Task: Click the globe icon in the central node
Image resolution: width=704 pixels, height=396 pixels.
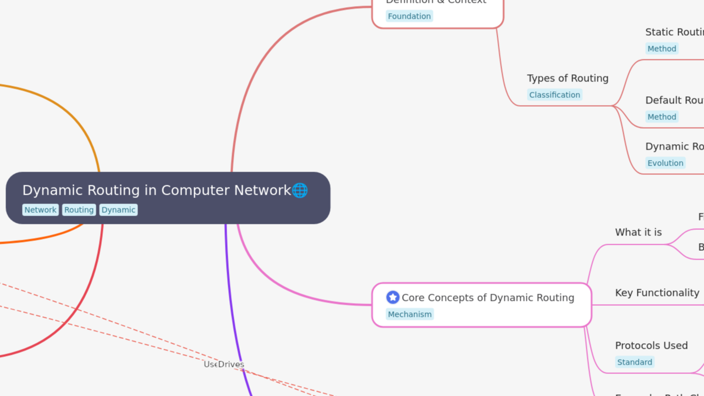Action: click(x=300, y=190)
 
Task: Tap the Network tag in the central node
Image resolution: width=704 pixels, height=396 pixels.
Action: click(x=40, y=210)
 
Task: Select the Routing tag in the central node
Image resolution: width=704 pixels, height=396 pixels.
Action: click(x=79, y=210)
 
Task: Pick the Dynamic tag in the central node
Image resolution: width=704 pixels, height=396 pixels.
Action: click(x=118, y=210)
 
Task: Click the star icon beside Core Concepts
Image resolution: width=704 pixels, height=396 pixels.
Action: click(x=393, y=298)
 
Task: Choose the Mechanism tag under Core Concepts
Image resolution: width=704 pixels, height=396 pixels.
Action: click(x=410, y=315)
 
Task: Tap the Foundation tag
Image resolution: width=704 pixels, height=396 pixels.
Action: click(x=409, y=16)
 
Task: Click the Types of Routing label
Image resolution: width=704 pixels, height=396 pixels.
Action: click(x=568, y=78)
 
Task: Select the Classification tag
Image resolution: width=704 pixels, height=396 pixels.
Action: click(x=554, y=95)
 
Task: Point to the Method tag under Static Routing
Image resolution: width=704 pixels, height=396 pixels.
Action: click(x=662, y=49)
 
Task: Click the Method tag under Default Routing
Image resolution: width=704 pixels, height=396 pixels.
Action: click(x=662, y=117)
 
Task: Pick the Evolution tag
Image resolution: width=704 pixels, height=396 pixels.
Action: click(x=665, y=163)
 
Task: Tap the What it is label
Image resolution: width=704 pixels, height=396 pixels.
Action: click(x=638, y=232)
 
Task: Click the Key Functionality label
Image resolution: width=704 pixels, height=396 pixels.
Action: click(x=657, y=293)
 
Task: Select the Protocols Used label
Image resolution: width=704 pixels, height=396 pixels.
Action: click(x=651, y=345)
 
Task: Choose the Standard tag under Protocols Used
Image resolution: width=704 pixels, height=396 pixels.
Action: click(x=635, y=362)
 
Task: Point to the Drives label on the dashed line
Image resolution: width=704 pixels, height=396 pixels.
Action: click(x=232, y=364)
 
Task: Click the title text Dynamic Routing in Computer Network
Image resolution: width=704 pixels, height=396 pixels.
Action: click(x=156, y=190)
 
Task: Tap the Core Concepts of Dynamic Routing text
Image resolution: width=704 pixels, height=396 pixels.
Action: click(x=488, y=298)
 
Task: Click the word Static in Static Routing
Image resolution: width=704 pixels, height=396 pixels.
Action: click(x=659, y=32)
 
